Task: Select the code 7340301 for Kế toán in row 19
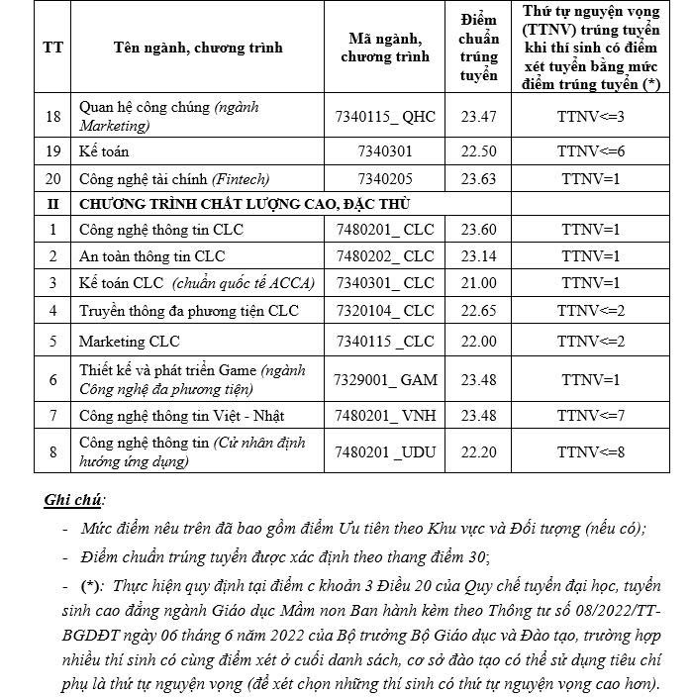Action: point(385,151)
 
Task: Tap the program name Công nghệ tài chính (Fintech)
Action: point(173,179)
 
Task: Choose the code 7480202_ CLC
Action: point(385,255)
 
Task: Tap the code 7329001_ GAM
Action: point(385,379)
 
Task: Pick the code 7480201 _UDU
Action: point(385,451)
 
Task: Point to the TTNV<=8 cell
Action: point(589,451)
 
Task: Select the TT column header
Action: point(52,48)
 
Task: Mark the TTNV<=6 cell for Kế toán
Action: point(589,151)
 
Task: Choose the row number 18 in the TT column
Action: point(52,117)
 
